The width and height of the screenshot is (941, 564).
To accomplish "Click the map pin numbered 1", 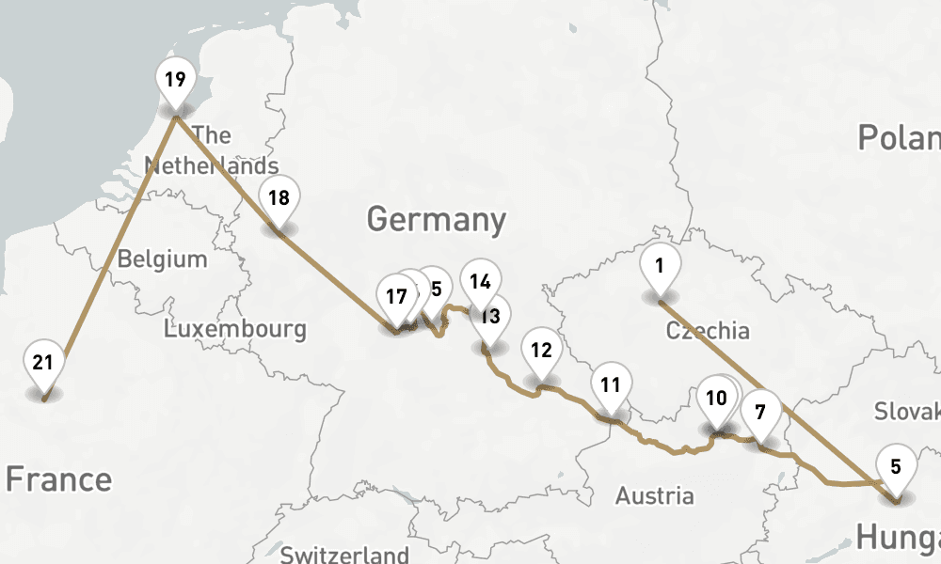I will click(660, 266).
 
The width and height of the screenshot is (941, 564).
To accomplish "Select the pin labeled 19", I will click(175, 80).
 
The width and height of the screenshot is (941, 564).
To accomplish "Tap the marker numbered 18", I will click(279, 198).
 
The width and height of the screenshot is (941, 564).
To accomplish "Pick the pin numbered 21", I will click(43, 364).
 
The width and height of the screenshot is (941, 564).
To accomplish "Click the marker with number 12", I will click(541, 352).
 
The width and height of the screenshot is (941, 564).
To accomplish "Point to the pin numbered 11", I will click(611, 384).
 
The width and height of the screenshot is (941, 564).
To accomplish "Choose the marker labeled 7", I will click(760, 411).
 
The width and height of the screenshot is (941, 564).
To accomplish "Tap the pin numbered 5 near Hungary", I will click(896, 466).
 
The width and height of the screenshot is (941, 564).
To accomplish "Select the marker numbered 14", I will click(481, 281).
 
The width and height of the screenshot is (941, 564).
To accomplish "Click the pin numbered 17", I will click(396, 297).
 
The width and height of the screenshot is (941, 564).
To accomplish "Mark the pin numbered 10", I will click(716, 399).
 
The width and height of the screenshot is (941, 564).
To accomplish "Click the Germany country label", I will click(437, 220).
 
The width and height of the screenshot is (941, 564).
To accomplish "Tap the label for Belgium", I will click(162, 258).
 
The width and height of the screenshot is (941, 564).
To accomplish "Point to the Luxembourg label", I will click(234, 329).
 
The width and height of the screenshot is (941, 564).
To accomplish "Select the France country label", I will click(58, 479).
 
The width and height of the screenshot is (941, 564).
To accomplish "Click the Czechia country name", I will click(708, 331).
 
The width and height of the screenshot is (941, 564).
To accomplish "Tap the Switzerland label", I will click(344, 555).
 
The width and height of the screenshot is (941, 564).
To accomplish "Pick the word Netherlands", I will click(211, 166).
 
